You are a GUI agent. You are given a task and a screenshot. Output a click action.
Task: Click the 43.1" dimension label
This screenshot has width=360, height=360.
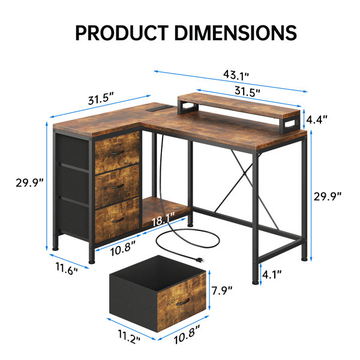click(236, 76)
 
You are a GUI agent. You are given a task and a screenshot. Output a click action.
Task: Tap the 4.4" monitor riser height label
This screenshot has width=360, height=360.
click(317, 119)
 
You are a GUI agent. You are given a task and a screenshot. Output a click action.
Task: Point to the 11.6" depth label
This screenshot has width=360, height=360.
click(67, 269)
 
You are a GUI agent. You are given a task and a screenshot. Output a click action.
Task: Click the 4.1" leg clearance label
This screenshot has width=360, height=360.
click(272, 274)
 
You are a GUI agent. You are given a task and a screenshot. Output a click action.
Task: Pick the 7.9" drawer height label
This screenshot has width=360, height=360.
click(222, 290)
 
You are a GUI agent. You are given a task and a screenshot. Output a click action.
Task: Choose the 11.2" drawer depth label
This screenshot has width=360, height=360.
click(129, 337)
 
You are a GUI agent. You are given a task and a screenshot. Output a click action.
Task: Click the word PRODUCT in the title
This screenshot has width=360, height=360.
click(122, 33)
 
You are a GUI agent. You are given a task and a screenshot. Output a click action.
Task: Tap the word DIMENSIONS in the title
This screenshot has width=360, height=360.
click(236, 33)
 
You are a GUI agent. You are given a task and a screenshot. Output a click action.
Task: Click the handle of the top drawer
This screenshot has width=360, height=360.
click(118, 152)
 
